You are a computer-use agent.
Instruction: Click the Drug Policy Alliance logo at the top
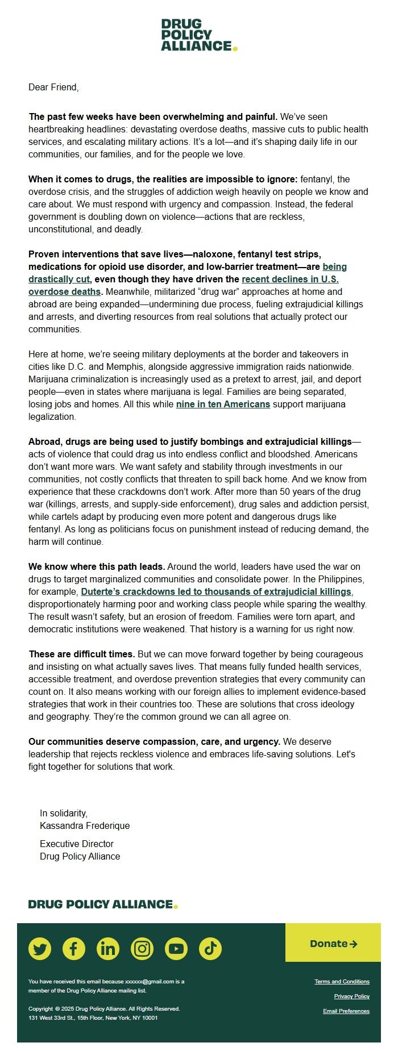pos(198,35)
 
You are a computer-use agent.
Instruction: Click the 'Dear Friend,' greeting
pos(53,87)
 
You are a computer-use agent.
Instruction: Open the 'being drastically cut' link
pos(59,279)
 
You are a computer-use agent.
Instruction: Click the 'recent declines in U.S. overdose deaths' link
pos(290,279)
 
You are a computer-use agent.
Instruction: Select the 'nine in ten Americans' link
pos(223,404)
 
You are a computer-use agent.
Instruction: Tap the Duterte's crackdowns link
pos(216,591)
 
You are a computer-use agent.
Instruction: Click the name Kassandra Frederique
pos(85,825)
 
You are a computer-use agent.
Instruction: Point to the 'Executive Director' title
pos(77,844)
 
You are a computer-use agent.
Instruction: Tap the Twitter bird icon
pos(40,948)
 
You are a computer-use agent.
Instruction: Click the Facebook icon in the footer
pos(74,948)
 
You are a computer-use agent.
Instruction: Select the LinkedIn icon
pos(108,948)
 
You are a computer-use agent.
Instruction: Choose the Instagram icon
pos(142,948)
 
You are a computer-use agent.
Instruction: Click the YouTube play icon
pos(176,948)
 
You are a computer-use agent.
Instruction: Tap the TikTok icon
pos(210,948)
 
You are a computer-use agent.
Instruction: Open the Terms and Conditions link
pos(342,981)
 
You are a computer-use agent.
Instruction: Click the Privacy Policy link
pos(351,996)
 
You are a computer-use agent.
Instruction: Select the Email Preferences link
pos(346,1011)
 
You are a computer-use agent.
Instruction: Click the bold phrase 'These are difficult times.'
pos(82,654)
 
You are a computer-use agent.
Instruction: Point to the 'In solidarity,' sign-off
pos(64,813)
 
